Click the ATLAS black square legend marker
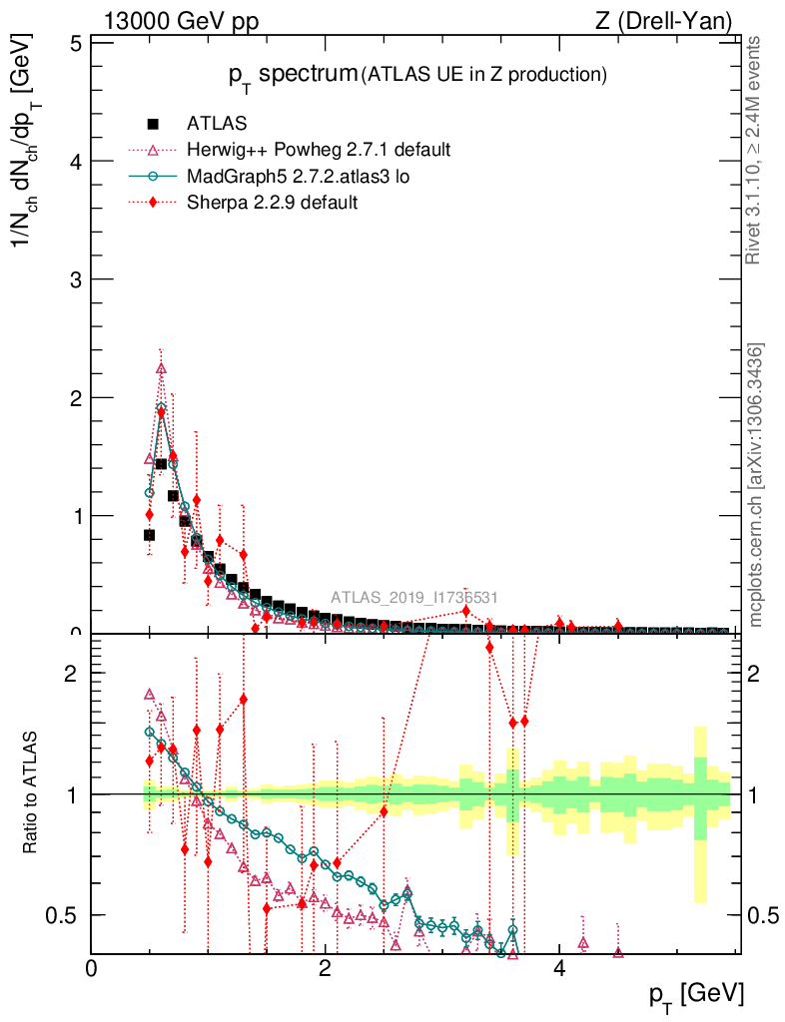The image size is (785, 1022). coord(153,124)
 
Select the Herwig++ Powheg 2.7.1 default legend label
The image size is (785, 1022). coord(319,150)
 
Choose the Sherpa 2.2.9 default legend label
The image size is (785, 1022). coord(273,203)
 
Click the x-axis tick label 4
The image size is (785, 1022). coord(559,968)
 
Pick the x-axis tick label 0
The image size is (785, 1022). coord(91,968)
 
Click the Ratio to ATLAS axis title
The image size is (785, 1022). coord(32,793)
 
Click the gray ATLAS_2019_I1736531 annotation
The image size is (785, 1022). coord(414,598)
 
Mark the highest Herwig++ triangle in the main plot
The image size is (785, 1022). coord(161,368)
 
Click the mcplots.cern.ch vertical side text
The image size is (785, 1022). coord(756,486)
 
